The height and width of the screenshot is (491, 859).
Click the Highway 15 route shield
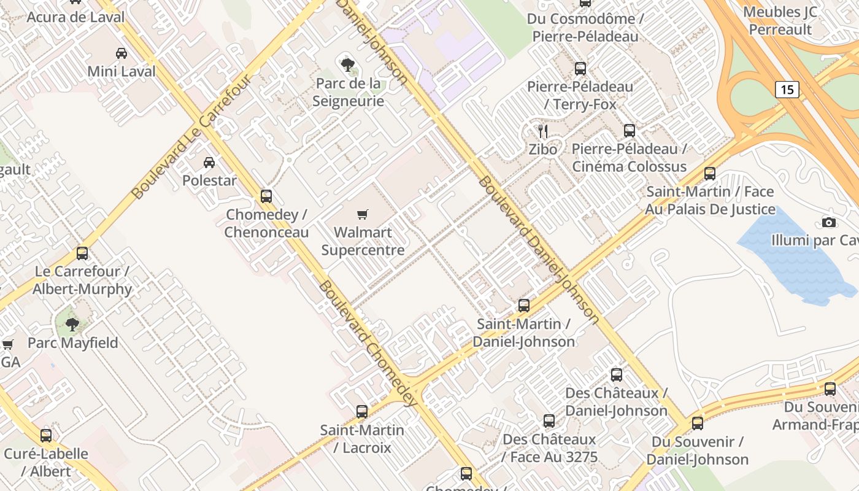click(787, 90)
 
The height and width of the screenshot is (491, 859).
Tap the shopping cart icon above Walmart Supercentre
click(363, 214)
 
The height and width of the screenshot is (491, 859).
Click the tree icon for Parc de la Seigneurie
click(347, 64)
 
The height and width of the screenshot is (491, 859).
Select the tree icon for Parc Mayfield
click(72, 324)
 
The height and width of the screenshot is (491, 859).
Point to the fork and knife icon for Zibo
click(542, 131)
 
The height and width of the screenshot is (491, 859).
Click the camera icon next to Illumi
click(829, 222)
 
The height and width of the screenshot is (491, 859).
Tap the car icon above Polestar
click(209, 163)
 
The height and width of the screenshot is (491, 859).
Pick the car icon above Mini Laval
click(121, 53)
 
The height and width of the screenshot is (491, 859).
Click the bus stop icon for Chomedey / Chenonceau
click(266, 196)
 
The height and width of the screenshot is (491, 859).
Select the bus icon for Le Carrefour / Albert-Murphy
click(82, 253)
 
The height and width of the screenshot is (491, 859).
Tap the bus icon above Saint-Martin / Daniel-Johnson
click(524, 305)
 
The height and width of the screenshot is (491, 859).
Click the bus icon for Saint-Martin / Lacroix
click(362, 411)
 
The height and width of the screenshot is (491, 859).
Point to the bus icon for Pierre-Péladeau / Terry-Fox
click(580, 69)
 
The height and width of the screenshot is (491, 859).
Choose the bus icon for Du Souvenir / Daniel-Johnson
click(698, 423)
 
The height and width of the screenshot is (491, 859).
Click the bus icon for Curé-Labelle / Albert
click(46, 436)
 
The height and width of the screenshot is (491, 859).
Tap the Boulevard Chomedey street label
click(368, 344)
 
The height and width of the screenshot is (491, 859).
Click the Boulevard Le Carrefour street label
click(191, 137)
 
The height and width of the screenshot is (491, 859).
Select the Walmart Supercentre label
click(363, 241)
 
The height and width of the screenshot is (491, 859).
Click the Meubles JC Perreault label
click(780, 21)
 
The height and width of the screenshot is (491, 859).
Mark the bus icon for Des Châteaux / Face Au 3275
click(549, 421)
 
